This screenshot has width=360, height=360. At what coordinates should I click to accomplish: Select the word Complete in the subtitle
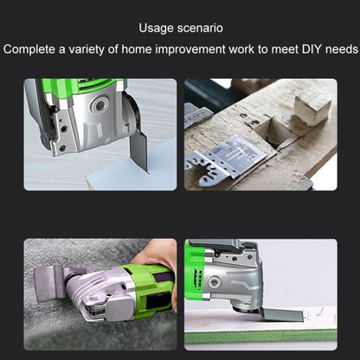29,49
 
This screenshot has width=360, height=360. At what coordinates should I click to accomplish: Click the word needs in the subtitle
342,49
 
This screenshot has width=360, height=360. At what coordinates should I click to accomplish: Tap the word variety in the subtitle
86,49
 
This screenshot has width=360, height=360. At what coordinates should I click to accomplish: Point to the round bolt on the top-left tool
100,106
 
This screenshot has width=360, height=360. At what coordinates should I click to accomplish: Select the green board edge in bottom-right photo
260,336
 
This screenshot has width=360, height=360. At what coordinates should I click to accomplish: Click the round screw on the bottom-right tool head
214,281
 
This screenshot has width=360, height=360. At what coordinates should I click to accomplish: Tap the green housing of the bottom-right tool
194,270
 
